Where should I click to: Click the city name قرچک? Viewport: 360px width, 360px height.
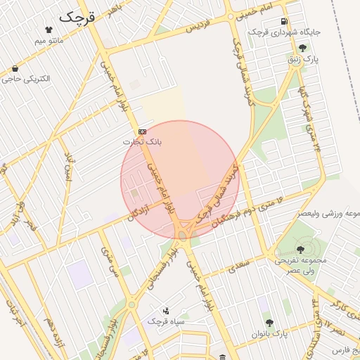tap(76, 17)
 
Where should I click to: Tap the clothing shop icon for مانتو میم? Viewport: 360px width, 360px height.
tap(49, 30)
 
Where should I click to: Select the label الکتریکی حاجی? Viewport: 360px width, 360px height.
tap(26, 79)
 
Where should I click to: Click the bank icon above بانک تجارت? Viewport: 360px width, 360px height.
tap(142, 131)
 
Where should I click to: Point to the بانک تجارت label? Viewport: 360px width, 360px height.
tap(142, 141)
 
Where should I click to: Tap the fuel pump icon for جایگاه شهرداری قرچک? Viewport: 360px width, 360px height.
tap(284, 21)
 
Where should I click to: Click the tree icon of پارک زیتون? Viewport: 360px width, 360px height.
tap(302, 48)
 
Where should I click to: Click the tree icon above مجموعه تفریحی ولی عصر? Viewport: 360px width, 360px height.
tap(301, 250)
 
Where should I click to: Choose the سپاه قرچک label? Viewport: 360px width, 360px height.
tap(165, 321)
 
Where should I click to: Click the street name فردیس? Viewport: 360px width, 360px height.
tap(198, 27)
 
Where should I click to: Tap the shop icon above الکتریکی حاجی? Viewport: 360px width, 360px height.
tap(15, 69)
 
